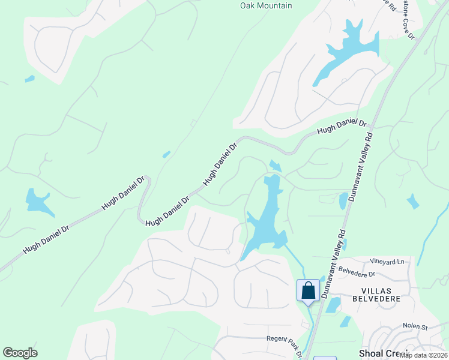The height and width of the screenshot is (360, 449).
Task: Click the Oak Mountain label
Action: [x=266, y=5]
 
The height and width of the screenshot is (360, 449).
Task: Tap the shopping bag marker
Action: [x=308, y=291]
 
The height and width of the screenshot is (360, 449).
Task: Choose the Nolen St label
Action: [x=415, y=326]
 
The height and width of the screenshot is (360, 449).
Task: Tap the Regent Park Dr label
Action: [x=284, y=340]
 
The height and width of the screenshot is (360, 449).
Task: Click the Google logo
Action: [x=20, y=353]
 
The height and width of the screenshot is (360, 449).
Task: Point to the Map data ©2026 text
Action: [x=423, y=355]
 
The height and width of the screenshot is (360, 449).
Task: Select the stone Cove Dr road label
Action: [x=408, y=19]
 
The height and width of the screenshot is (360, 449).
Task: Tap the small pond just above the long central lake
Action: [x=276, y=166]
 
